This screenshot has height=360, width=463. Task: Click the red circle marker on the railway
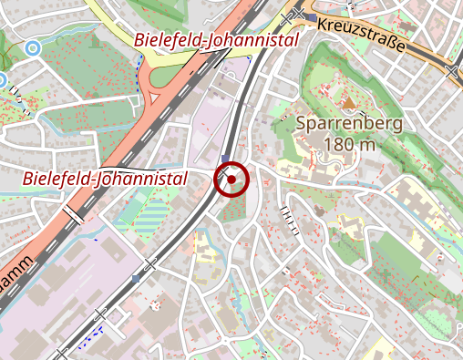231,180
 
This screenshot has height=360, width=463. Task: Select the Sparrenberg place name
349,122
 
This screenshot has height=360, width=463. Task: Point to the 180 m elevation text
349,143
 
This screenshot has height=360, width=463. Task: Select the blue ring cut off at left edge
2,80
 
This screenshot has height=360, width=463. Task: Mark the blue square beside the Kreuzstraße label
312,18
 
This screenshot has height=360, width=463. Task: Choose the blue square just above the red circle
225,158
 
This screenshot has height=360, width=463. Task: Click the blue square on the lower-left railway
136,278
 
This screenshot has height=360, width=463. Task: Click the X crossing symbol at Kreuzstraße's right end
453,70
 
